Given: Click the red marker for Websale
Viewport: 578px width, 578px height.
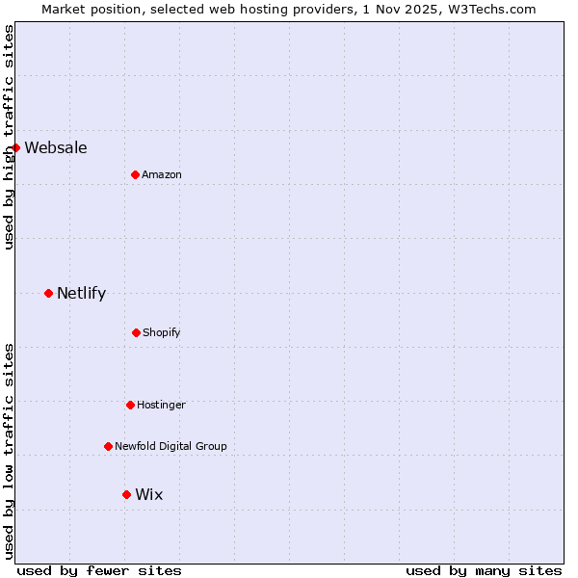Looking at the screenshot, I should pyautogui.click(x=16, y=147).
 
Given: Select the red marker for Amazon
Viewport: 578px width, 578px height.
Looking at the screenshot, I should pyautogui.click(x=135, y=174).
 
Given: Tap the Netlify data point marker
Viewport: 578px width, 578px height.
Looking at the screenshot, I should pyautogui.click(x=48, y=293).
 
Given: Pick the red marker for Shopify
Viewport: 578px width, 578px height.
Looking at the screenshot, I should pyautogui.click(x=136, y=332).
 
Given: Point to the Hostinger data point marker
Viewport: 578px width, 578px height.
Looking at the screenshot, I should pyautogui.click(x=130, y=405).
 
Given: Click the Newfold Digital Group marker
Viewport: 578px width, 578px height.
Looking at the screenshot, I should pyautogui.click(x=108, y=446).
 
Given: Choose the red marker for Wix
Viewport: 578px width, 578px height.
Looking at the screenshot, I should pyautogui.click(x=126, y=494).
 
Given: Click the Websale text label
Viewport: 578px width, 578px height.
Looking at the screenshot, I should pyautogui.click(x=56, y=147).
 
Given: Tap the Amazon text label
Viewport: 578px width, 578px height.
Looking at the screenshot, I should pyautogui.click(x=162, y=174).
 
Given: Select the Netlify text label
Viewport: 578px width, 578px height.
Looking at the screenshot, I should pyautogui.click(x=81, y=293).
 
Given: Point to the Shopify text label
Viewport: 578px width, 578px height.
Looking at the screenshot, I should pyautogui.click(x=162, y=332).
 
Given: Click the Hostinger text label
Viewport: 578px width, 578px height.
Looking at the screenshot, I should pyautogui.click(x=161, y=405).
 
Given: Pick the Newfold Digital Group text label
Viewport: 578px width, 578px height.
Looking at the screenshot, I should pyautogui.click(x=171, y=446).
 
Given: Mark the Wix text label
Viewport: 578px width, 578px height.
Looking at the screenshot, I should pyautogui.click(x=149, y=494).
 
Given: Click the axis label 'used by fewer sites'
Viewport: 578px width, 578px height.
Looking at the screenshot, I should pyautogui.click(x=99, y=570).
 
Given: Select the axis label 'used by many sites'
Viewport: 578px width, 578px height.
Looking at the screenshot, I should pyautogui.click(x=484, y=570).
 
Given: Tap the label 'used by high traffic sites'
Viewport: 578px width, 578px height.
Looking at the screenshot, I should pyautogui.click(x=9, y=137).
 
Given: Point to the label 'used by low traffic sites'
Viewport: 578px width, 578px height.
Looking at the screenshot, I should pyautogui.click(x=9, y=451).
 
